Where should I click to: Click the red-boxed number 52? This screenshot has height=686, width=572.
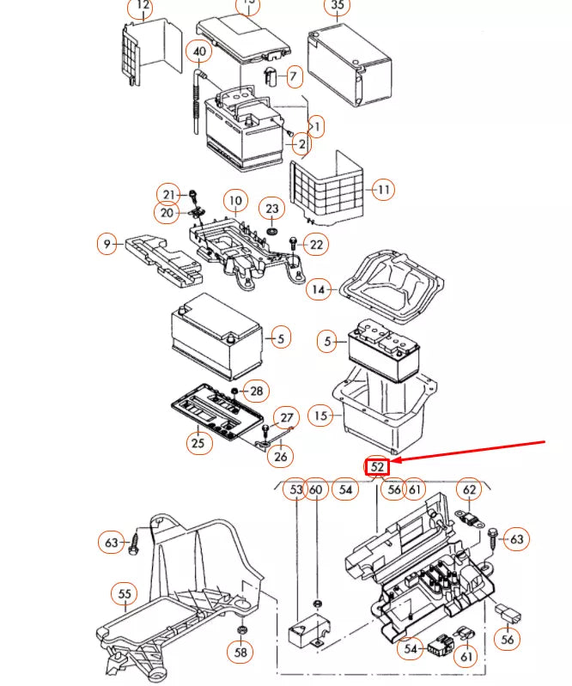click(378, 466)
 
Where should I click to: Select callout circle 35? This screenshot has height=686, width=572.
click(337, 6)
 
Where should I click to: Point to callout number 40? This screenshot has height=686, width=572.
click(199, 52)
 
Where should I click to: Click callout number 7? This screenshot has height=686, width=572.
click(292, 77)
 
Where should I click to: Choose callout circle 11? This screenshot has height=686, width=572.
click(383, 188)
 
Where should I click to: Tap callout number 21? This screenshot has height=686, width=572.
click(169, 193)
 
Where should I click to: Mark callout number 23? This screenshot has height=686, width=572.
click(271, 209)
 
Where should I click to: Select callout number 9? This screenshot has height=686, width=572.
click(107, 245)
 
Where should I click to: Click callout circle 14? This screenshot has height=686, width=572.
click(319, 289)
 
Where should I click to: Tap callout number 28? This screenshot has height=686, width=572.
click(257, 392)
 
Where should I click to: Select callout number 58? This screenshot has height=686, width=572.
click(242, 653)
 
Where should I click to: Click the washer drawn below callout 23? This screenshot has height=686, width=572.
click(271, 231)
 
